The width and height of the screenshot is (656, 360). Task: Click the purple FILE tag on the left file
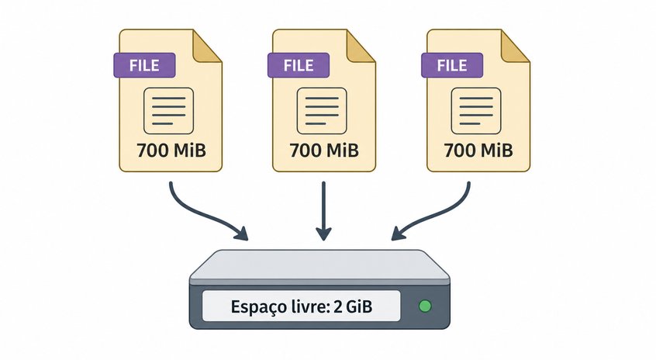(144, 65)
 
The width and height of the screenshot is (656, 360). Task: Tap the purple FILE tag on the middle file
(299, 65)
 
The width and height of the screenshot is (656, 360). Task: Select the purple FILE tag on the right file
(452, 65)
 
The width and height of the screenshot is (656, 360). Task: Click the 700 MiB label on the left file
(171, 151)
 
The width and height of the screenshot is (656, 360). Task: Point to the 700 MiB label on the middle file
(324, 151)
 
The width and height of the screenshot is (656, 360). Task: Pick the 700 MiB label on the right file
(478, 151)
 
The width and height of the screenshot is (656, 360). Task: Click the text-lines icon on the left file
(168, 111)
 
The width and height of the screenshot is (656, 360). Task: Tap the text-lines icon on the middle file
(322, 111)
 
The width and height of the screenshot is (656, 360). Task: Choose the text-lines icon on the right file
(476, 111)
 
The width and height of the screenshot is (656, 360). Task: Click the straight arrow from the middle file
(323, 211)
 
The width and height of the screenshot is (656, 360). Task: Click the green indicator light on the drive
(425, 306)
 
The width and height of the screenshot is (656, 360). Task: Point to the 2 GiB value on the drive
(353, 306)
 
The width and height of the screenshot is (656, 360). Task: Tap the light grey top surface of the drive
(319, 265)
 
